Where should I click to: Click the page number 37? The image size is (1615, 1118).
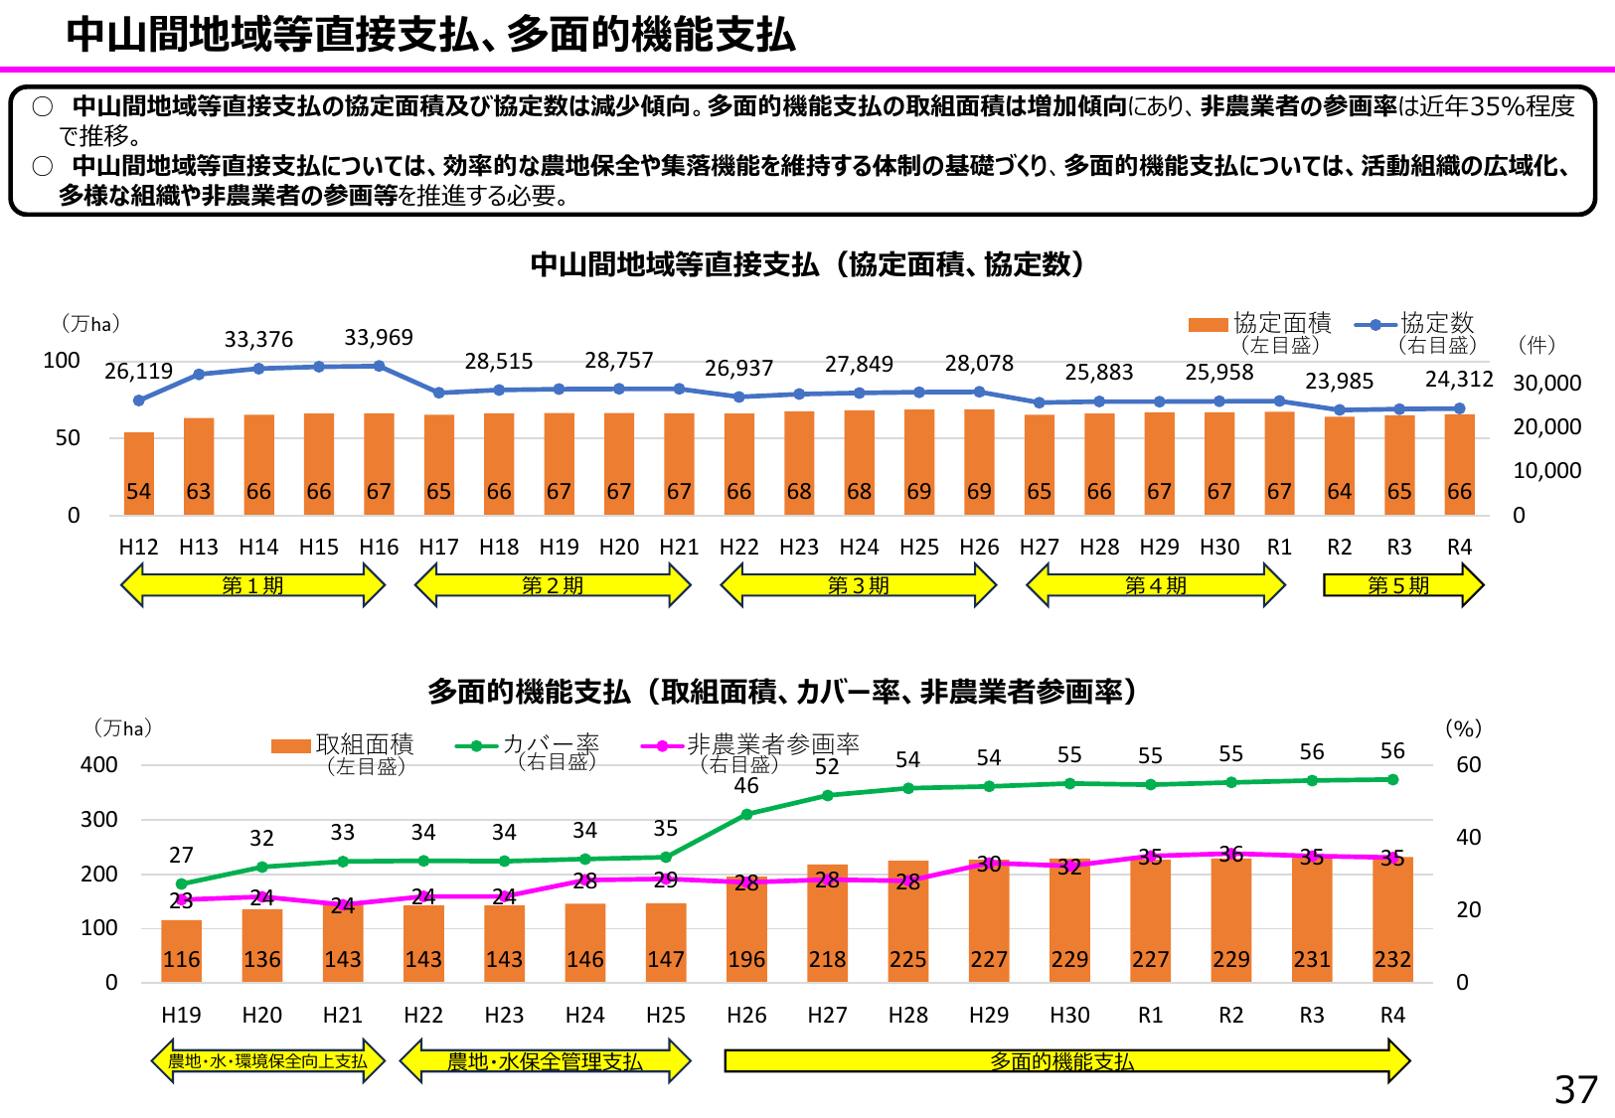pos(1576,1090)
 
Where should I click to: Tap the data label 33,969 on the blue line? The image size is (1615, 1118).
pos(379,338)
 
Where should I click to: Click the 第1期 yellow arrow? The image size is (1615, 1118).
pos(252,585)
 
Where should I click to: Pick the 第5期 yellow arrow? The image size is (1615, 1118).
pos(1402,585)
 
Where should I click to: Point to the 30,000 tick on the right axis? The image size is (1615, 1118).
pos(1546,384)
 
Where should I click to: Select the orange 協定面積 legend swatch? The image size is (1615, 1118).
pos(1208,325)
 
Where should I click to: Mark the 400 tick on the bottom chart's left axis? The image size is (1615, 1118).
pos(98,765)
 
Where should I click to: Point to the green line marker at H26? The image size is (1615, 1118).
pos(746,815)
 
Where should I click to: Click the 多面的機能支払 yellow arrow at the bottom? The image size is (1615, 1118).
pos(1063,1061)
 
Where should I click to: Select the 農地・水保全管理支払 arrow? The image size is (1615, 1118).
pos(545,1061)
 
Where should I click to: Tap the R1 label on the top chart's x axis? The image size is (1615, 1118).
pos(1279,548)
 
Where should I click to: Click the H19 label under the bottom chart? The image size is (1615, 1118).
pos(181,1016)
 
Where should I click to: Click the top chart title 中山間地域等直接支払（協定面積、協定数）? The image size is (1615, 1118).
pos(807,264)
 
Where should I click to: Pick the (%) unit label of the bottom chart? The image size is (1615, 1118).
pos(1463,728)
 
